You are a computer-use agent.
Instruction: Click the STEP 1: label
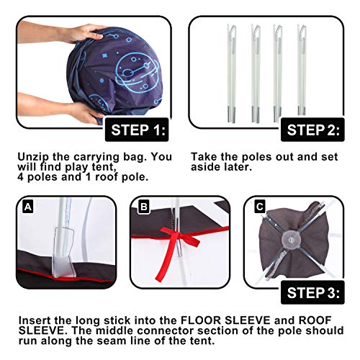[137, 130]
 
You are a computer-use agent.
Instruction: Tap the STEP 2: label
[312, 130]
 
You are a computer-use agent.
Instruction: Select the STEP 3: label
[312, 292]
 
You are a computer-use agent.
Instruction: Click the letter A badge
[28, 207]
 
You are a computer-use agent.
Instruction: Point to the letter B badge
[143, 207]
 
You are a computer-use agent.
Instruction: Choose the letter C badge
[259, 207]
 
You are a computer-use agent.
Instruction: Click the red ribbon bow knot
[179, 237]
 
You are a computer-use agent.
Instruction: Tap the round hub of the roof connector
[291, 239]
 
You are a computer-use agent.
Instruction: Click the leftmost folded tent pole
[232, 73]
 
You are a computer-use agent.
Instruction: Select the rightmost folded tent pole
[302, 70]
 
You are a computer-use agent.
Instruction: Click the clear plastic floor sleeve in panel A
[63, 252]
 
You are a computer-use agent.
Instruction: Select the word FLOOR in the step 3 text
[200, 320]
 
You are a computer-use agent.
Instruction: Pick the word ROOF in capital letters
[315, 320]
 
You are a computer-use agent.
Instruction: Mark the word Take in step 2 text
[204, 157]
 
